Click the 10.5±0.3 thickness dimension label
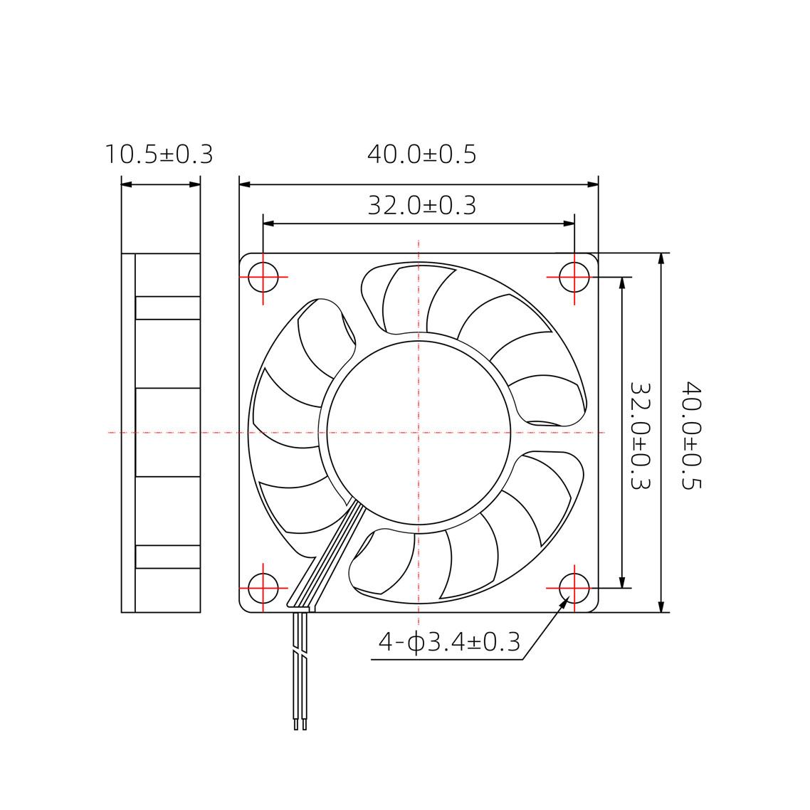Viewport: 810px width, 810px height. [159, 154]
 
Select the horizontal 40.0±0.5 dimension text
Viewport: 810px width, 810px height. [421, 154]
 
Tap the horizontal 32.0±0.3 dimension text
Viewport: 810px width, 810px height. [421, 205]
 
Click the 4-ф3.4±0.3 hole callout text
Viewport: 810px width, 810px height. [449, 642]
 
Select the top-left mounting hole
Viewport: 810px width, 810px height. [263, 276]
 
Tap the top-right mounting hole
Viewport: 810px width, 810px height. [574, 276]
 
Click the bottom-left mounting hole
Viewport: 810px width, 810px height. [263, 588]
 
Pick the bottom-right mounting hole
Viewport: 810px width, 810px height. [574, 588]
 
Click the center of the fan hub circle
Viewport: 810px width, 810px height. [419, 432]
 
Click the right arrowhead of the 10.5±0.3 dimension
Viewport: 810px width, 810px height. [195, 184]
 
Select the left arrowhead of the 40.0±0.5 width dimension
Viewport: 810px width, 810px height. [245, 184]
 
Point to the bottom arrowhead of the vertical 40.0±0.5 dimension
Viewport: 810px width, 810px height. [662, 606]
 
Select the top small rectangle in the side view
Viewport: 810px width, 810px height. [167, 308]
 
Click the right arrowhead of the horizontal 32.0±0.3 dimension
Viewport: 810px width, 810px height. [569, 223]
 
